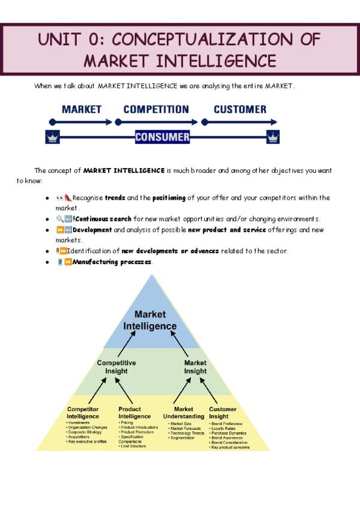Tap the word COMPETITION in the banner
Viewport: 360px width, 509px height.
coord(156,109)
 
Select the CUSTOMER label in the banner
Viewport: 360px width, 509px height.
coord(240,109)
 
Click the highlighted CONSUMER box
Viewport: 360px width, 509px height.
coord(162,137)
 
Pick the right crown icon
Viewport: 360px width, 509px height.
coord(273,137)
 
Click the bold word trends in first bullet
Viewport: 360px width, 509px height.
coord(115,197)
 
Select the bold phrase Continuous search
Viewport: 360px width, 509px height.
coord(104,218)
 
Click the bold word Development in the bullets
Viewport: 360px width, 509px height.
coord(92,229)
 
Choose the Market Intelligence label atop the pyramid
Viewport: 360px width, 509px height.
coord(150,321)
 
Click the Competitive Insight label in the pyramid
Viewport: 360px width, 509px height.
coord(116,367)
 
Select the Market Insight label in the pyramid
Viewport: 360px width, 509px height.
coord(195,367)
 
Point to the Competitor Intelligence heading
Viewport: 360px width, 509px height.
coord(83,412)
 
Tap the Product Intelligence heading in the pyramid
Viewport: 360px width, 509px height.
coord(134,412)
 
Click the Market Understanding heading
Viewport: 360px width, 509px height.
coord(184,412)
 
